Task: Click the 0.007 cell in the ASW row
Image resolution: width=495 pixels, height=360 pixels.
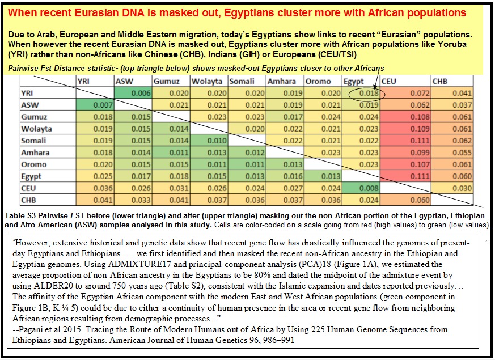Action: pyautogui.click(x=95, y=105)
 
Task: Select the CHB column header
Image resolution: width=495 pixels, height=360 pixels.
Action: pyautogui.click(x=441, y=82)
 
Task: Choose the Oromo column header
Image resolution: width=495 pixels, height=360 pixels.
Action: pyautogui.click(x=318, y=82)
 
